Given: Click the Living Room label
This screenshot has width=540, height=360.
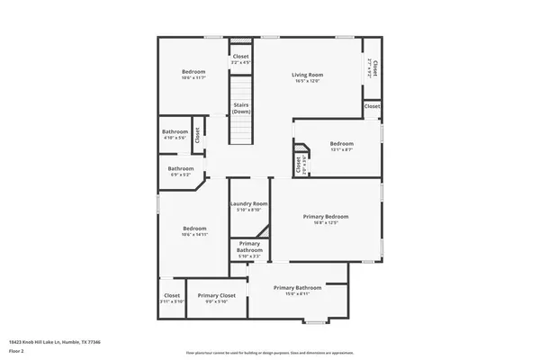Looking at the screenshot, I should (307, 75).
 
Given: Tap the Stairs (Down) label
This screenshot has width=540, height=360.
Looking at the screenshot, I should (240, 108).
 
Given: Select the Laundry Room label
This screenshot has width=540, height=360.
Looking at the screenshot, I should (249, 204).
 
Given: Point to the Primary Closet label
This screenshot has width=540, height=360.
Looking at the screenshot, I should (216, 295).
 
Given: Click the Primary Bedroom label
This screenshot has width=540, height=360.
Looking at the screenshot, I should (325, 217).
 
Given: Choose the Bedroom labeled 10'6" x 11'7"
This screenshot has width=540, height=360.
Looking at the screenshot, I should (193, 72).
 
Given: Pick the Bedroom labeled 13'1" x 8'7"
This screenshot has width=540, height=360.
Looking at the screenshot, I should (341, 144).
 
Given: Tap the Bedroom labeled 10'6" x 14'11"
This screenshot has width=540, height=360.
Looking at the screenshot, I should (193, 229).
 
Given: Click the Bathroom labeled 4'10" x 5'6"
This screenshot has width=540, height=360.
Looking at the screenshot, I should (175, 131).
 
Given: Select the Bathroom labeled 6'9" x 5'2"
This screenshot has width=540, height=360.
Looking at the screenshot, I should (180, 168).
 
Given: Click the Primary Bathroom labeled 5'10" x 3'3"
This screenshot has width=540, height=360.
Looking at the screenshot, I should (249, 247).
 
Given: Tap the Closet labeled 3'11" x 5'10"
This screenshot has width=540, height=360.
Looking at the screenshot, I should (172, 295).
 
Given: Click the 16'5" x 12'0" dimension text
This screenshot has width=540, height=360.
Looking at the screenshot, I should (307, 81).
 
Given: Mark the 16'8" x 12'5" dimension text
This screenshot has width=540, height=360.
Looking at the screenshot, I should (325, 223).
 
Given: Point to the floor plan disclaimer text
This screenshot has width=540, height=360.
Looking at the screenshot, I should (270, 353).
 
